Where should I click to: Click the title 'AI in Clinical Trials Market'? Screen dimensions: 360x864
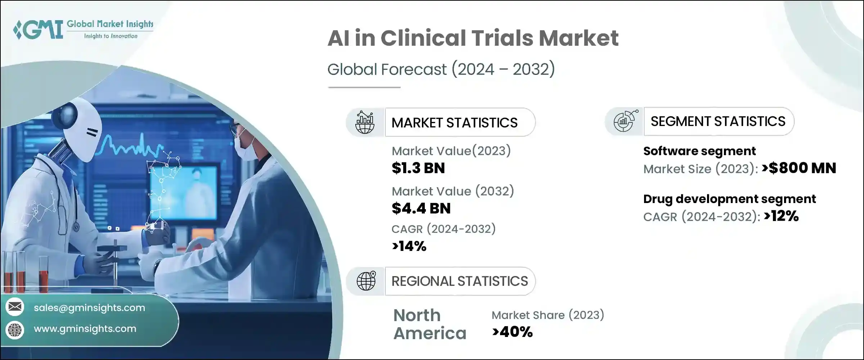473,38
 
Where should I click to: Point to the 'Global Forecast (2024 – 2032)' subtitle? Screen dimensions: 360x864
441,69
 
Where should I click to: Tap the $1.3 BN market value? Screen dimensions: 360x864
418,168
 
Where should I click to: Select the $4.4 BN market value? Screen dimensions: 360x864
421,208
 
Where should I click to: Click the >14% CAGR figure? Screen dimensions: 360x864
409,246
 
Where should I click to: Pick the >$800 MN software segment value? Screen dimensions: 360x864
799,168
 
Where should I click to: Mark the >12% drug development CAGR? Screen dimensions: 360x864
781,216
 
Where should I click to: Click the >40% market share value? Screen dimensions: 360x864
512,332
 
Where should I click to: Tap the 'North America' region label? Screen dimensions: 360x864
429,324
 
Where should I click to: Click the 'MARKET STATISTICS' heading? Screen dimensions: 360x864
454,123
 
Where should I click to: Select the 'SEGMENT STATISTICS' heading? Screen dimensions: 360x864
718,121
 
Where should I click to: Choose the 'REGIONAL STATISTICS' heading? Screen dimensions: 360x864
459,281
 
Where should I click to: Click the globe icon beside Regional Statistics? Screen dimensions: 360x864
366,281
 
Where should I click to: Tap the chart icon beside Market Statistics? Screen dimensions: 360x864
365,122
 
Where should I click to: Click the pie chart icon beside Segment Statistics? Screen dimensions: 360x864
625,121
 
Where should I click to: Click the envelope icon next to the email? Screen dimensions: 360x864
15,307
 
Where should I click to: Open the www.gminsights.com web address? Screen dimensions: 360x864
85,329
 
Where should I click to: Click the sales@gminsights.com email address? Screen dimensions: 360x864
89,308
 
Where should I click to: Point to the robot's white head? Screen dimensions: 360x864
81,131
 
